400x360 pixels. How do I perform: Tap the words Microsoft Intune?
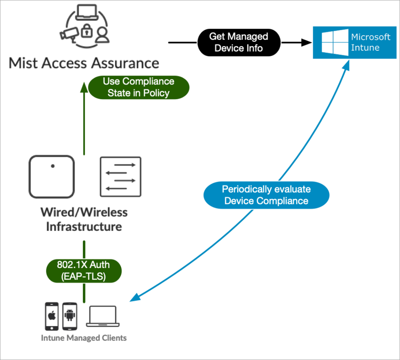[x=370, y=42]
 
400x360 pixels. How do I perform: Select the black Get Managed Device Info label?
[x=238, y=42]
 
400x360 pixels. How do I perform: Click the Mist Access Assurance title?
[x=84, y=63]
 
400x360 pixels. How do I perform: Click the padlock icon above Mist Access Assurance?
[x=86, y=31]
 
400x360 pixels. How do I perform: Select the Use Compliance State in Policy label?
[x=139, y=87]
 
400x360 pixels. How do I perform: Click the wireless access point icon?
[x=52, y=177]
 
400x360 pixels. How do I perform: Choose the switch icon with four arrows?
[x=120, y=177]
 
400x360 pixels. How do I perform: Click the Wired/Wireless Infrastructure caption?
[x=84, y=219]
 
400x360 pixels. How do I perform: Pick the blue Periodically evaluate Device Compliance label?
[x=266, y=195]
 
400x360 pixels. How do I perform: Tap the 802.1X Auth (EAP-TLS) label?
[x=84, y=271]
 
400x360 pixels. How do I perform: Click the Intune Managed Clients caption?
[x=84, y=338]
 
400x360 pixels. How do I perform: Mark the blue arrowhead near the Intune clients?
[x=134, y=299]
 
